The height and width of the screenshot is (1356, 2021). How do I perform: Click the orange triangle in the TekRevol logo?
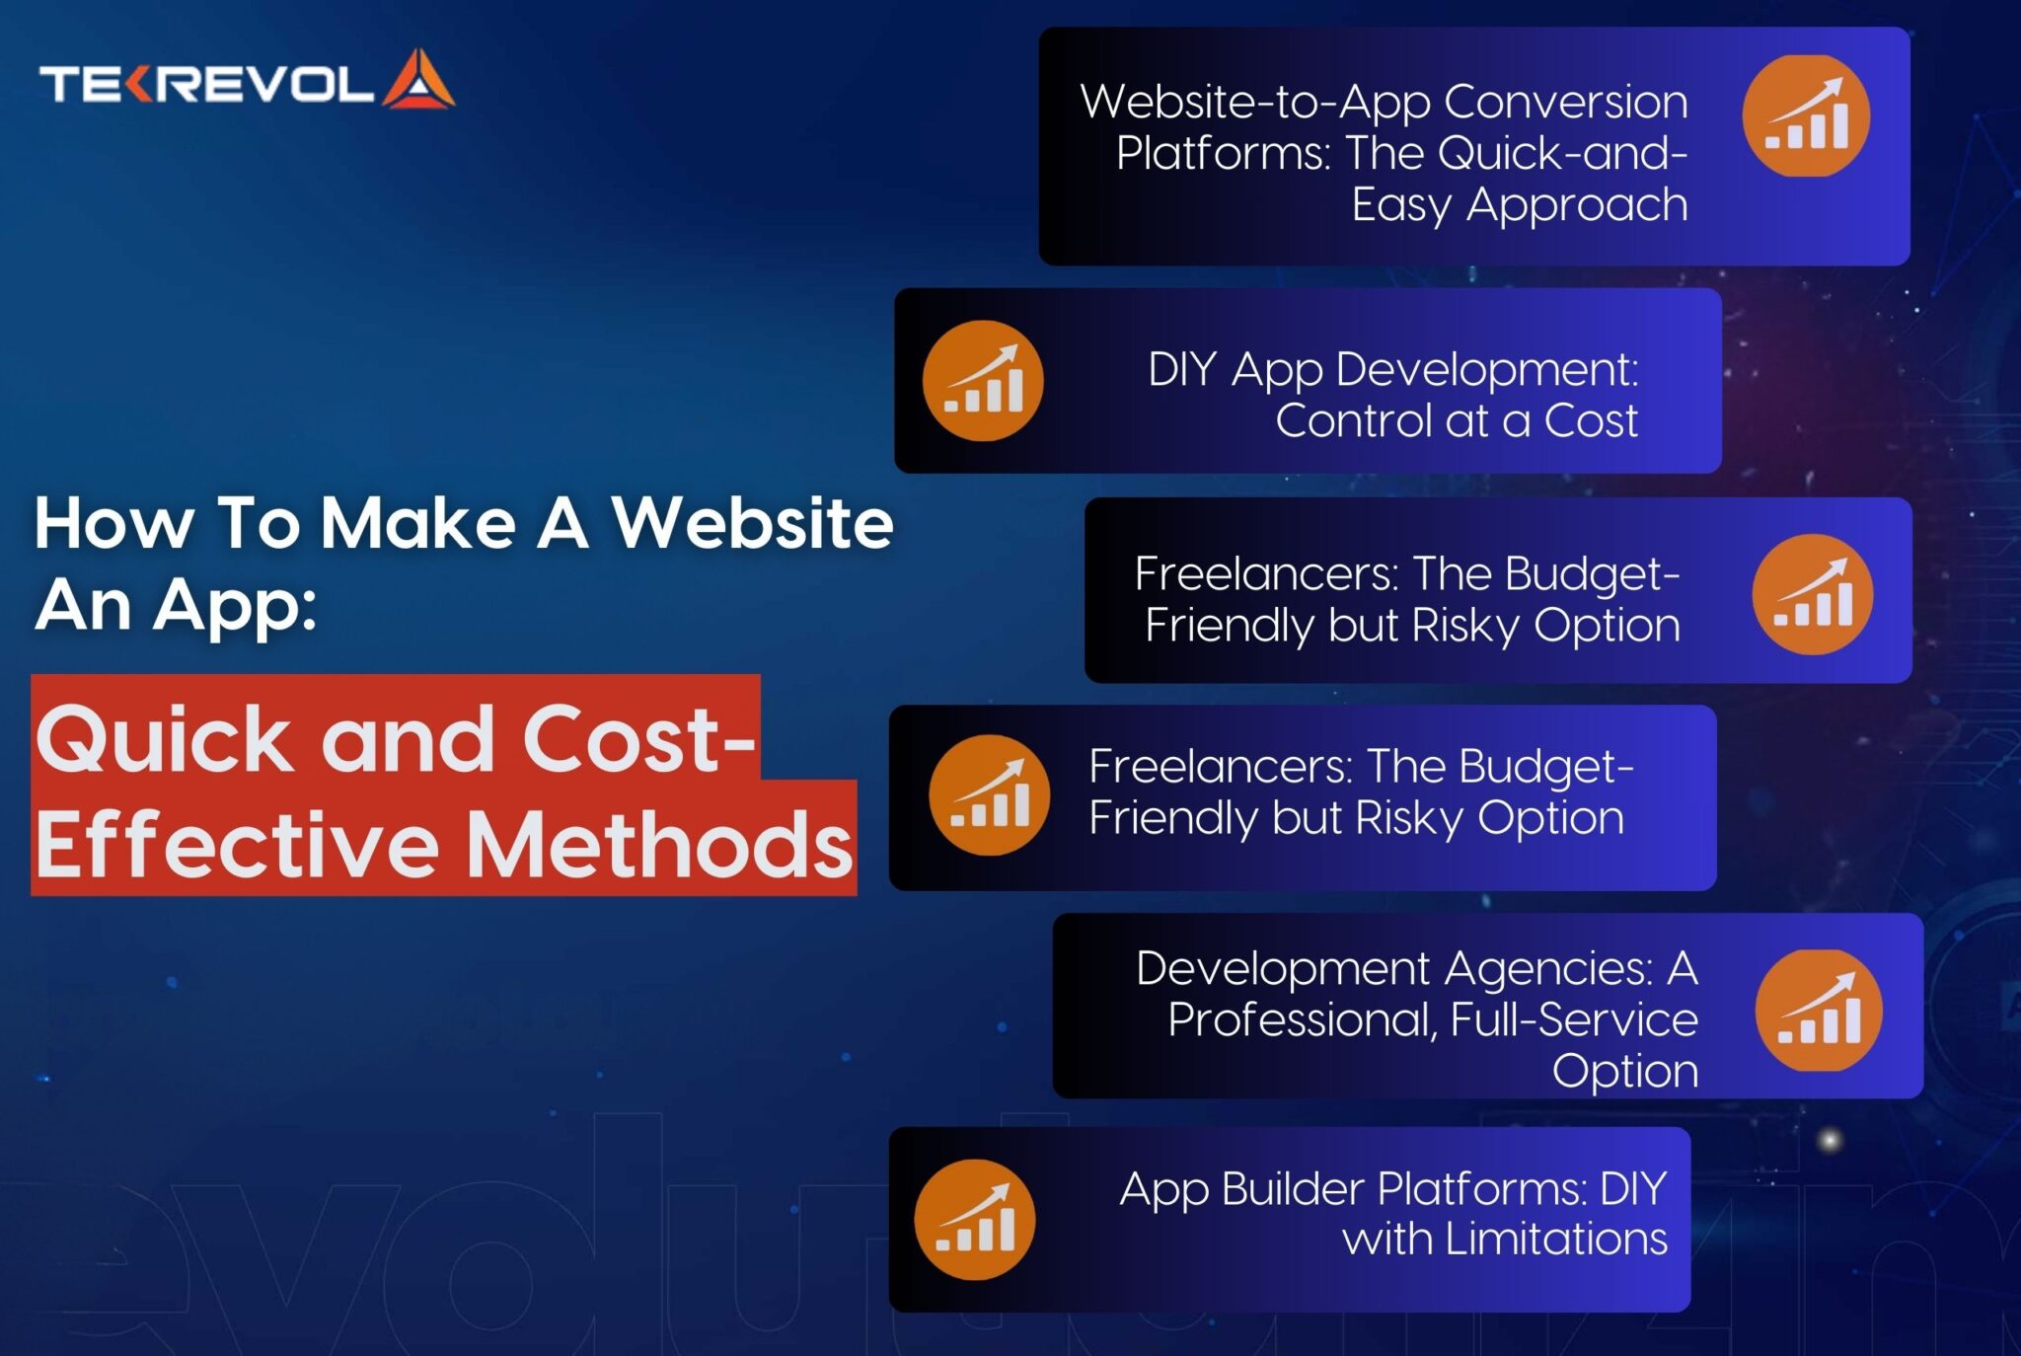(418, 80)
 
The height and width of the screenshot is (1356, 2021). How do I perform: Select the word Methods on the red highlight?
(659, 845)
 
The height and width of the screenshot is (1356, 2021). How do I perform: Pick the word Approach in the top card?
(1576, 205)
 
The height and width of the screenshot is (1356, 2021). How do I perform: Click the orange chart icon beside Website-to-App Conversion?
(1806, 116)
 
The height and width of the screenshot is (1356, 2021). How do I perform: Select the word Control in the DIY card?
(1354, 420)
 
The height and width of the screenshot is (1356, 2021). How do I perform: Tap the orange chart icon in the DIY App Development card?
(983, 381)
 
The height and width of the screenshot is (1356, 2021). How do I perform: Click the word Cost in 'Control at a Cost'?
(1591, 420)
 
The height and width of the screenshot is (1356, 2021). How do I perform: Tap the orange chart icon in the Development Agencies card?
(1819, 1011)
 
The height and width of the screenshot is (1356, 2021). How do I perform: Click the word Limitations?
(1555, 1239)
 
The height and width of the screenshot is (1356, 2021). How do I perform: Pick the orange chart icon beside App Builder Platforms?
(975, 1220)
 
